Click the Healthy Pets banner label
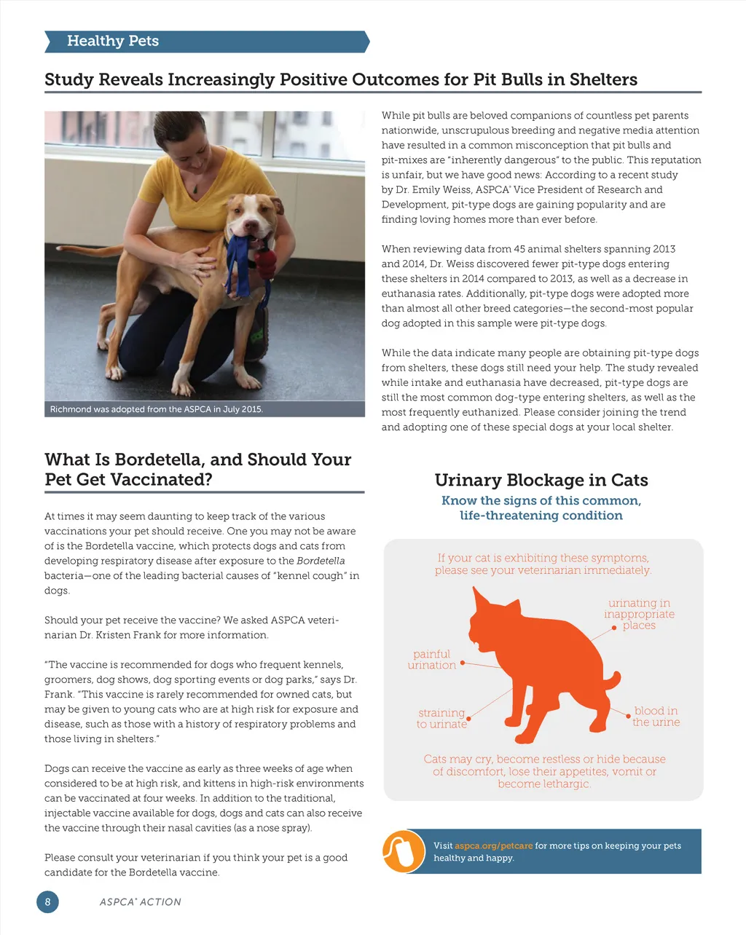[113, 42]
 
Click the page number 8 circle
[47, 902]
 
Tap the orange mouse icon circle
[404, 851]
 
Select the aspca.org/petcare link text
[493, 846]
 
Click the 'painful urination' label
[432, 660]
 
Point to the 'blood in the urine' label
[656, 717]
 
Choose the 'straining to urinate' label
[441, 718]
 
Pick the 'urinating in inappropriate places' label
[639, 614]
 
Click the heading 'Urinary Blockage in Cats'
[541, 480]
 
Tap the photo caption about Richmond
[156, 409]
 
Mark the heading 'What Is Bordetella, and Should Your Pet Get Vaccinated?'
[197, 470]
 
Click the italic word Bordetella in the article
[321, 561]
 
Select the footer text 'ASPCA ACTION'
[140, 902]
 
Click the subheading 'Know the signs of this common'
[541, 500]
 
